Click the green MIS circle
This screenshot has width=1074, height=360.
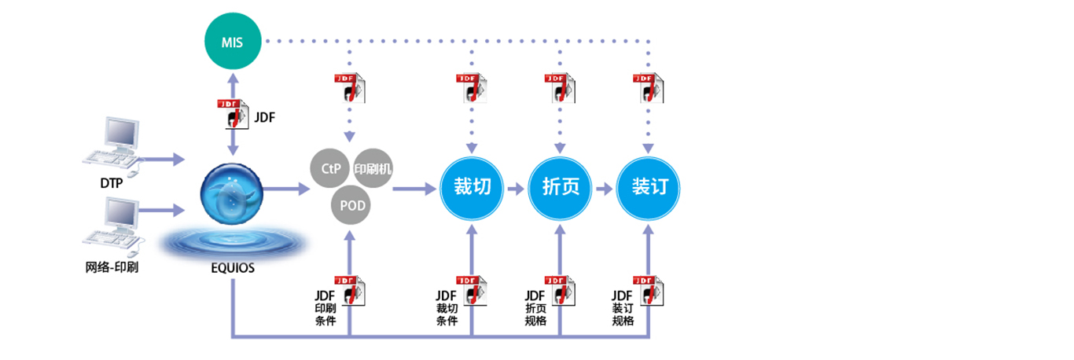click(x=232, y=40)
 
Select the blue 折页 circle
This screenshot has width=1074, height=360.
click(x=560, y=189)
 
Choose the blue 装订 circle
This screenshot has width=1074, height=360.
click(x=649, y=189)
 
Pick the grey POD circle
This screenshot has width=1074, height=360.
click(x=351, y=206)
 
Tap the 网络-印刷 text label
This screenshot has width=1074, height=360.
click(x=113, y=267)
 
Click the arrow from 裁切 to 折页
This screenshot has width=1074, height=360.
click(x=515, y=189)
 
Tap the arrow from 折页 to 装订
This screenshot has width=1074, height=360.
click(x=604, y=189)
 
